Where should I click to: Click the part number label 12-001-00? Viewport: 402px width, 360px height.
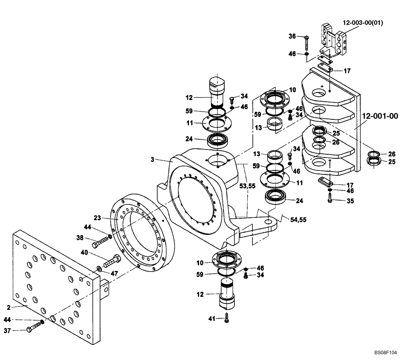tap(379, 117)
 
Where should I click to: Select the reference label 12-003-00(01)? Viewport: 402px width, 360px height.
tap(363, 23)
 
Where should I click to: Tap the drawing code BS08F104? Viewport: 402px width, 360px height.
tap(386, 352)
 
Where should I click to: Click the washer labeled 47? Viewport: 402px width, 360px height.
tap(99, 268)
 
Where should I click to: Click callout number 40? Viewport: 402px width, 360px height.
tap(84, 253)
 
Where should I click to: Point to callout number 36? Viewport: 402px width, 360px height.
tap(293, 36)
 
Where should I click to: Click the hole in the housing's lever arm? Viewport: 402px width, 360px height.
tap(268, 221)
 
